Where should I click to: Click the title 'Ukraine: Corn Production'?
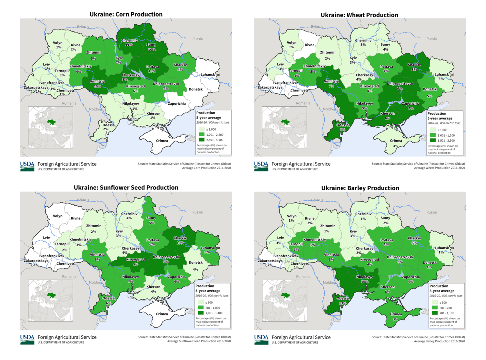126,14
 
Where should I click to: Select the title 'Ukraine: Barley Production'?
360,188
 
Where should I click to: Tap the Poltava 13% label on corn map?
152,69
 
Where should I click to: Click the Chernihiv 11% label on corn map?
129,42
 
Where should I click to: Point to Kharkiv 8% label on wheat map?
414,67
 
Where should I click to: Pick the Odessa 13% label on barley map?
342,300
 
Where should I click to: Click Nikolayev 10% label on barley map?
365,279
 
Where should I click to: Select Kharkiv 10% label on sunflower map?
180,240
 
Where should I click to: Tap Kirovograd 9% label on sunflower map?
135,261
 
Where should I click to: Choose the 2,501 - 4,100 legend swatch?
202,140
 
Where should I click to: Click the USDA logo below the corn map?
27,166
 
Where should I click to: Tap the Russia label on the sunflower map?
197,212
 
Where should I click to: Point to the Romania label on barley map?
303,276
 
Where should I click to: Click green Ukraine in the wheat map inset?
285,122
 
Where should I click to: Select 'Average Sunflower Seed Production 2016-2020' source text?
199,341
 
